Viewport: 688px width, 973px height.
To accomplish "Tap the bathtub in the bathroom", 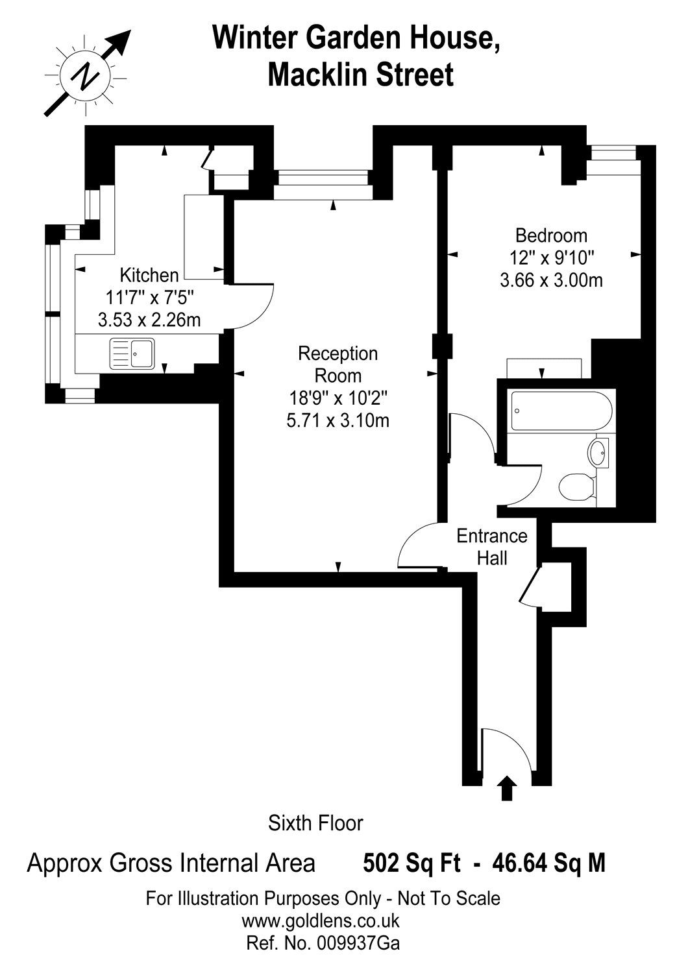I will (x=559, y=410).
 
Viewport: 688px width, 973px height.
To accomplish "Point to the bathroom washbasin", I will (x=599, y=451).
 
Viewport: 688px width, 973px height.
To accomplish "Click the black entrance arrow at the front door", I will (x=507, y=788).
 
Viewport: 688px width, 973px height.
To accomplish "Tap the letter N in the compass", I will (x=86, y=76).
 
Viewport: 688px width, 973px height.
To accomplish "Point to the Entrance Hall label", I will (x=491, y=547).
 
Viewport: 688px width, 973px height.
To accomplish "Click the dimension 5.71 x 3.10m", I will (x=338, y=420).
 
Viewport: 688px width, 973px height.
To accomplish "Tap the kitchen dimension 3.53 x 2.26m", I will (x=149, y=320).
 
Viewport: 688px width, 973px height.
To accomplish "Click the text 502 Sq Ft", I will (x=412, y=863).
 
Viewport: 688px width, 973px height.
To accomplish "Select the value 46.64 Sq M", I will (x=548, y=863).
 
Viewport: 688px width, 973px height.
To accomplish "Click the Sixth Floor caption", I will (x=315, y=823).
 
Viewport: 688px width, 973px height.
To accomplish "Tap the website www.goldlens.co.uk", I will (x=321, y=921).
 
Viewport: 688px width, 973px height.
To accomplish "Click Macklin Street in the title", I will (x=360, y=75).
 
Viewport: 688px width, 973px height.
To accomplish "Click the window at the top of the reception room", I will (x=322, y=184).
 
